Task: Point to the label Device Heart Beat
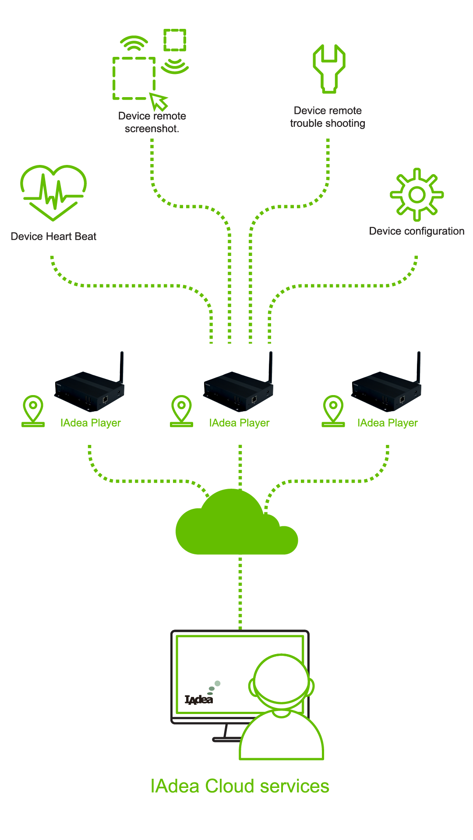(x=53, y=237)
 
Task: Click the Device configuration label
(x=417, y=231)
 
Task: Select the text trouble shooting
(x=328, y=123)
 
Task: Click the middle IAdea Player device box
(x=238, y=391)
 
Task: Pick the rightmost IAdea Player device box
(x=386, y=391)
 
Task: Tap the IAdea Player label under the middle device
(x=239, y=423)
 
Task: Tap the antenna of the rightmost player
(x=419, y=367)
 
